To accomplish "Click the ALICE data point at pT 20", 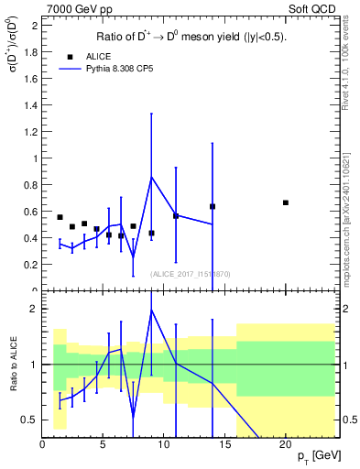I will [286, 202].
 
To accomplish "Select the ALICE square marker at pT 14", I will [213, 206].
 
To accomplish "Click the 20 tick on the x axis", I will [286, 444].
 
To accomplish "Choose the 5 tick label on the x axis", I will [104, 444].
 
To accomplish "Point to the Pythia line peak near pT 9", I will [151, 176].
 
